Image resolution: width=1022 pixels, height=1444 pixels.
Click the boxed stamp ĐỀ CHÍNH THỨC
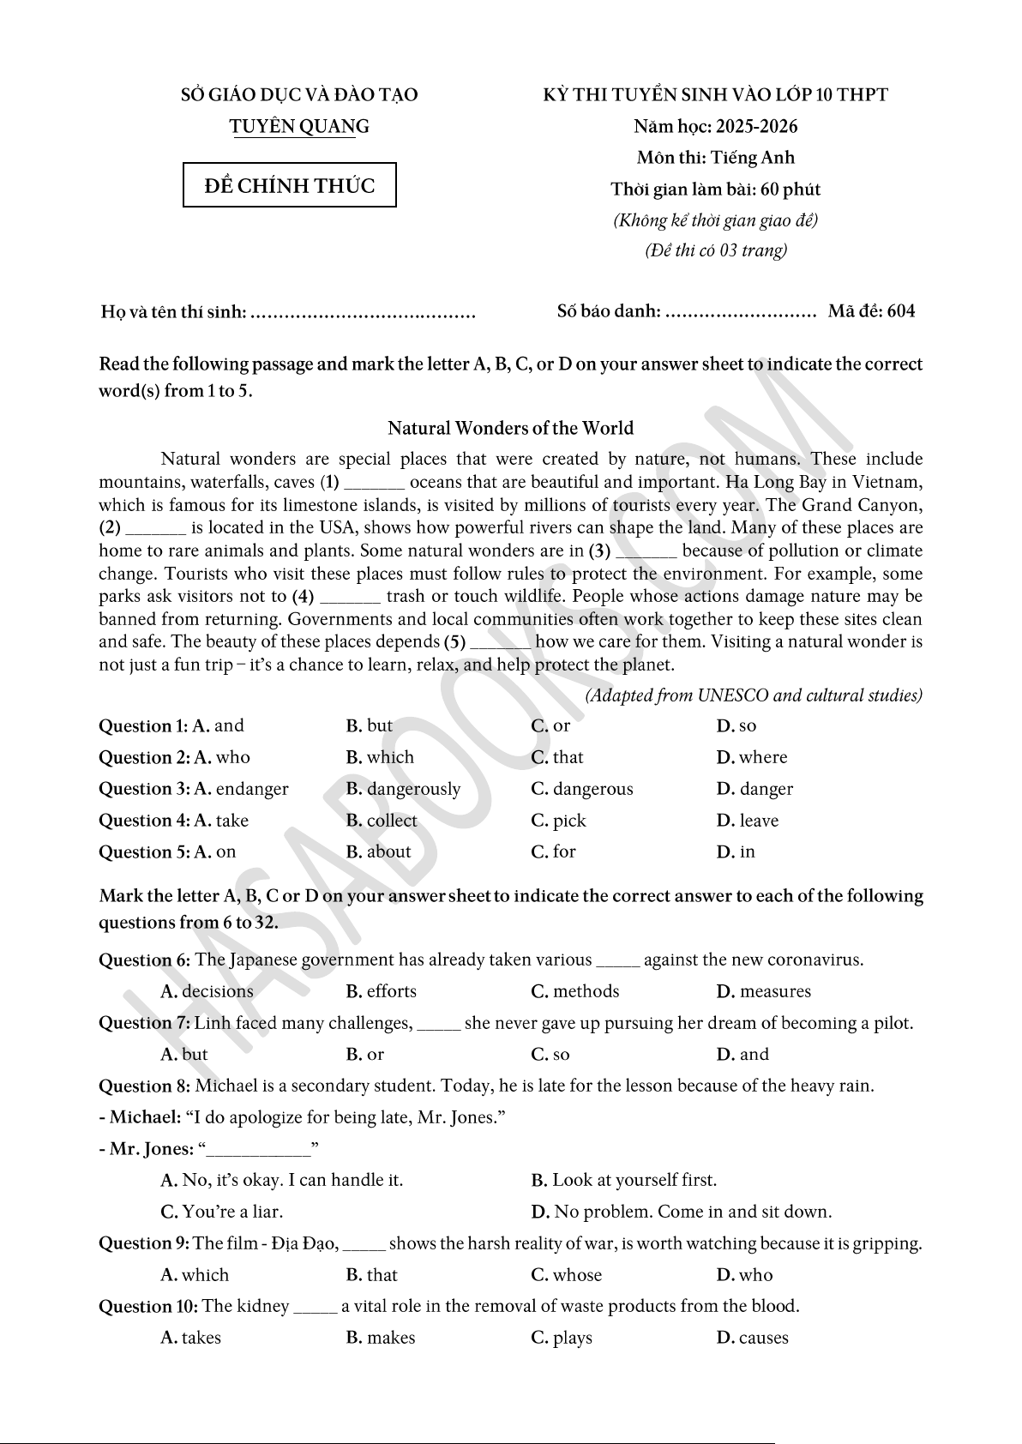(290, 185)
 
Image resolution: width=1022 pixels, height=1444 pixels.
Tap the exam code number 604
(901, 311)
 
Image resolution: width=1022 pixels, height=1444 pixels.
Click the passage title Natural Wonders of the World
(510, 428)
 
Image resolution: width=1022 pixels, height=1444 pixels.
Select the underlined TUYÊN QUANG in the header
(299, 127)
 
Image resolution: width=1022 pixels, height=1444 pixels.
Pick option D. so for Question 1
(736, 726)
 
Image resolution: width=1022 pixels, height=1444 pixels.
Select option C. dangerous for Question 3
(582, 789)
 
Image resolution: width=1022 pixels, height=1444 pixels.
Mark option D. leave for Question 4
(748, 821)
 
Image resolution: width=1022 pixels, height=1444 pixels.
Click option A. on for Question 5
(214, 852)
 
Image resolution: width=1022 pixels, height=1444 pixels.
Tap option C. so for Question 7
(550, 1055)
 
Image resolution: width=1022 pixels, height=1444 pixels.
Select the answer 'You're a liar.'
(222, 1212)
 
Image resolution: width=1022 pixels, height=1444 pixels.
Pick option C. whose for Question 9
(567, 1275)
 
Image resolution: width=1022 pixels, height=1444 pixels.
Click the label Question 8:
(145, 1086)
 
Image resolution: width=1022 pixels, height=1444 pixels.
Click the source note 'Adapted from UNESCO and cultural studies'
(754, 695)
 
